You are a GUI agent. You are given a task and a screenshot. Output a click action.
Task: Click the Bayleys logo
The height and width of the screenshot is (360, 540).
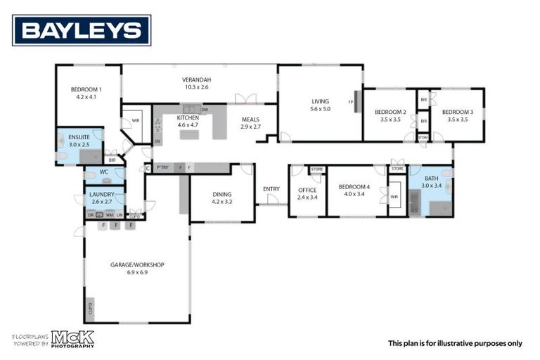[x=82, y=30]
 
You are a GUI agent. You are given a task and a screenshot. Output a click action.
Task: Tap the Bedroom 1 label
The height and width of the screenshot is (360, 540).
[x=86, y=89]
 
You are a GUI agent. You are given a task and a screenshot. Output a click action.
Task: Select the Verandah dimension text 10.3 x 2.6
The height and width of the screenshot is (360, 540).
[x=197, y=87]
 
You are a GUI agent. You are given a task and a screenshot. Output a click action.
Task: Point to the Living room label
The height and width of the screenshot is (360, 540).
[x=320, y=101]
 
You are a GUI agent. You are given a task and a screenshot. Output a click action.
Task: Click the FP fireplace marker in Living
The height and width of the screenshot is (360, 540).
[x=350, y=102]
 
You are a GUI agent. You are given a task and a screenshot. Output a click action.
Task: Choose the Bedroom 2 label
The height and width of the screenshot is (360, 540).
[x=390, y=112]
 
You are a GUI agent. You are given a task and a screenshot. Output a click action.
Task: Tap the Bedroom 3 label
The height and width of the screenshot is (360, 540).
[x=457, y=112]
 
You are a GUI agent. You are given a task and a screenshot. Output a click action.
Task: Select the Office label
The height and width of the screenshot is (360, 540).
[x=308, y=190]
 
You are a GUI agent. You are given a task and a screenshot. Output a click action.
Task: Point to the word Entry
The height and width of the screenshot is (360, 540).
[x=271, y=188]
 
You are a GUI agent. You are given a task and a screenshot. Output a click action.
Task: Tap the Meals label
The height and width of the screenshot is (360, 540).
[x=250, y=120]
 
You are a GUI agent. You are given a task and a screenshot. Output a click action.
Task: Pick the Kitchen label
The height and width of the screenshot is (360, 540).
[x=188, y=117]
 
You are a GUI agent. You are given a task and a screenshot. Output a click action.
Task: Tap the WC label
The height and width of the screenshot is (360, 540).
[x=103, y=172]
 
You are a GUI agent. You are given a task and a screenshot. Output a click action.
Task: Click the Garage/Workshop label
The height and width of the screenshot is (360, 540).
[x=137, y=264]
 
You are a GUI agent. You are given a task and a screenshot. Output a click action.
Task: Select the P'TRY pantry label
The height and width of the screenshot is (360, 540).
[x=163, y=167]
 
